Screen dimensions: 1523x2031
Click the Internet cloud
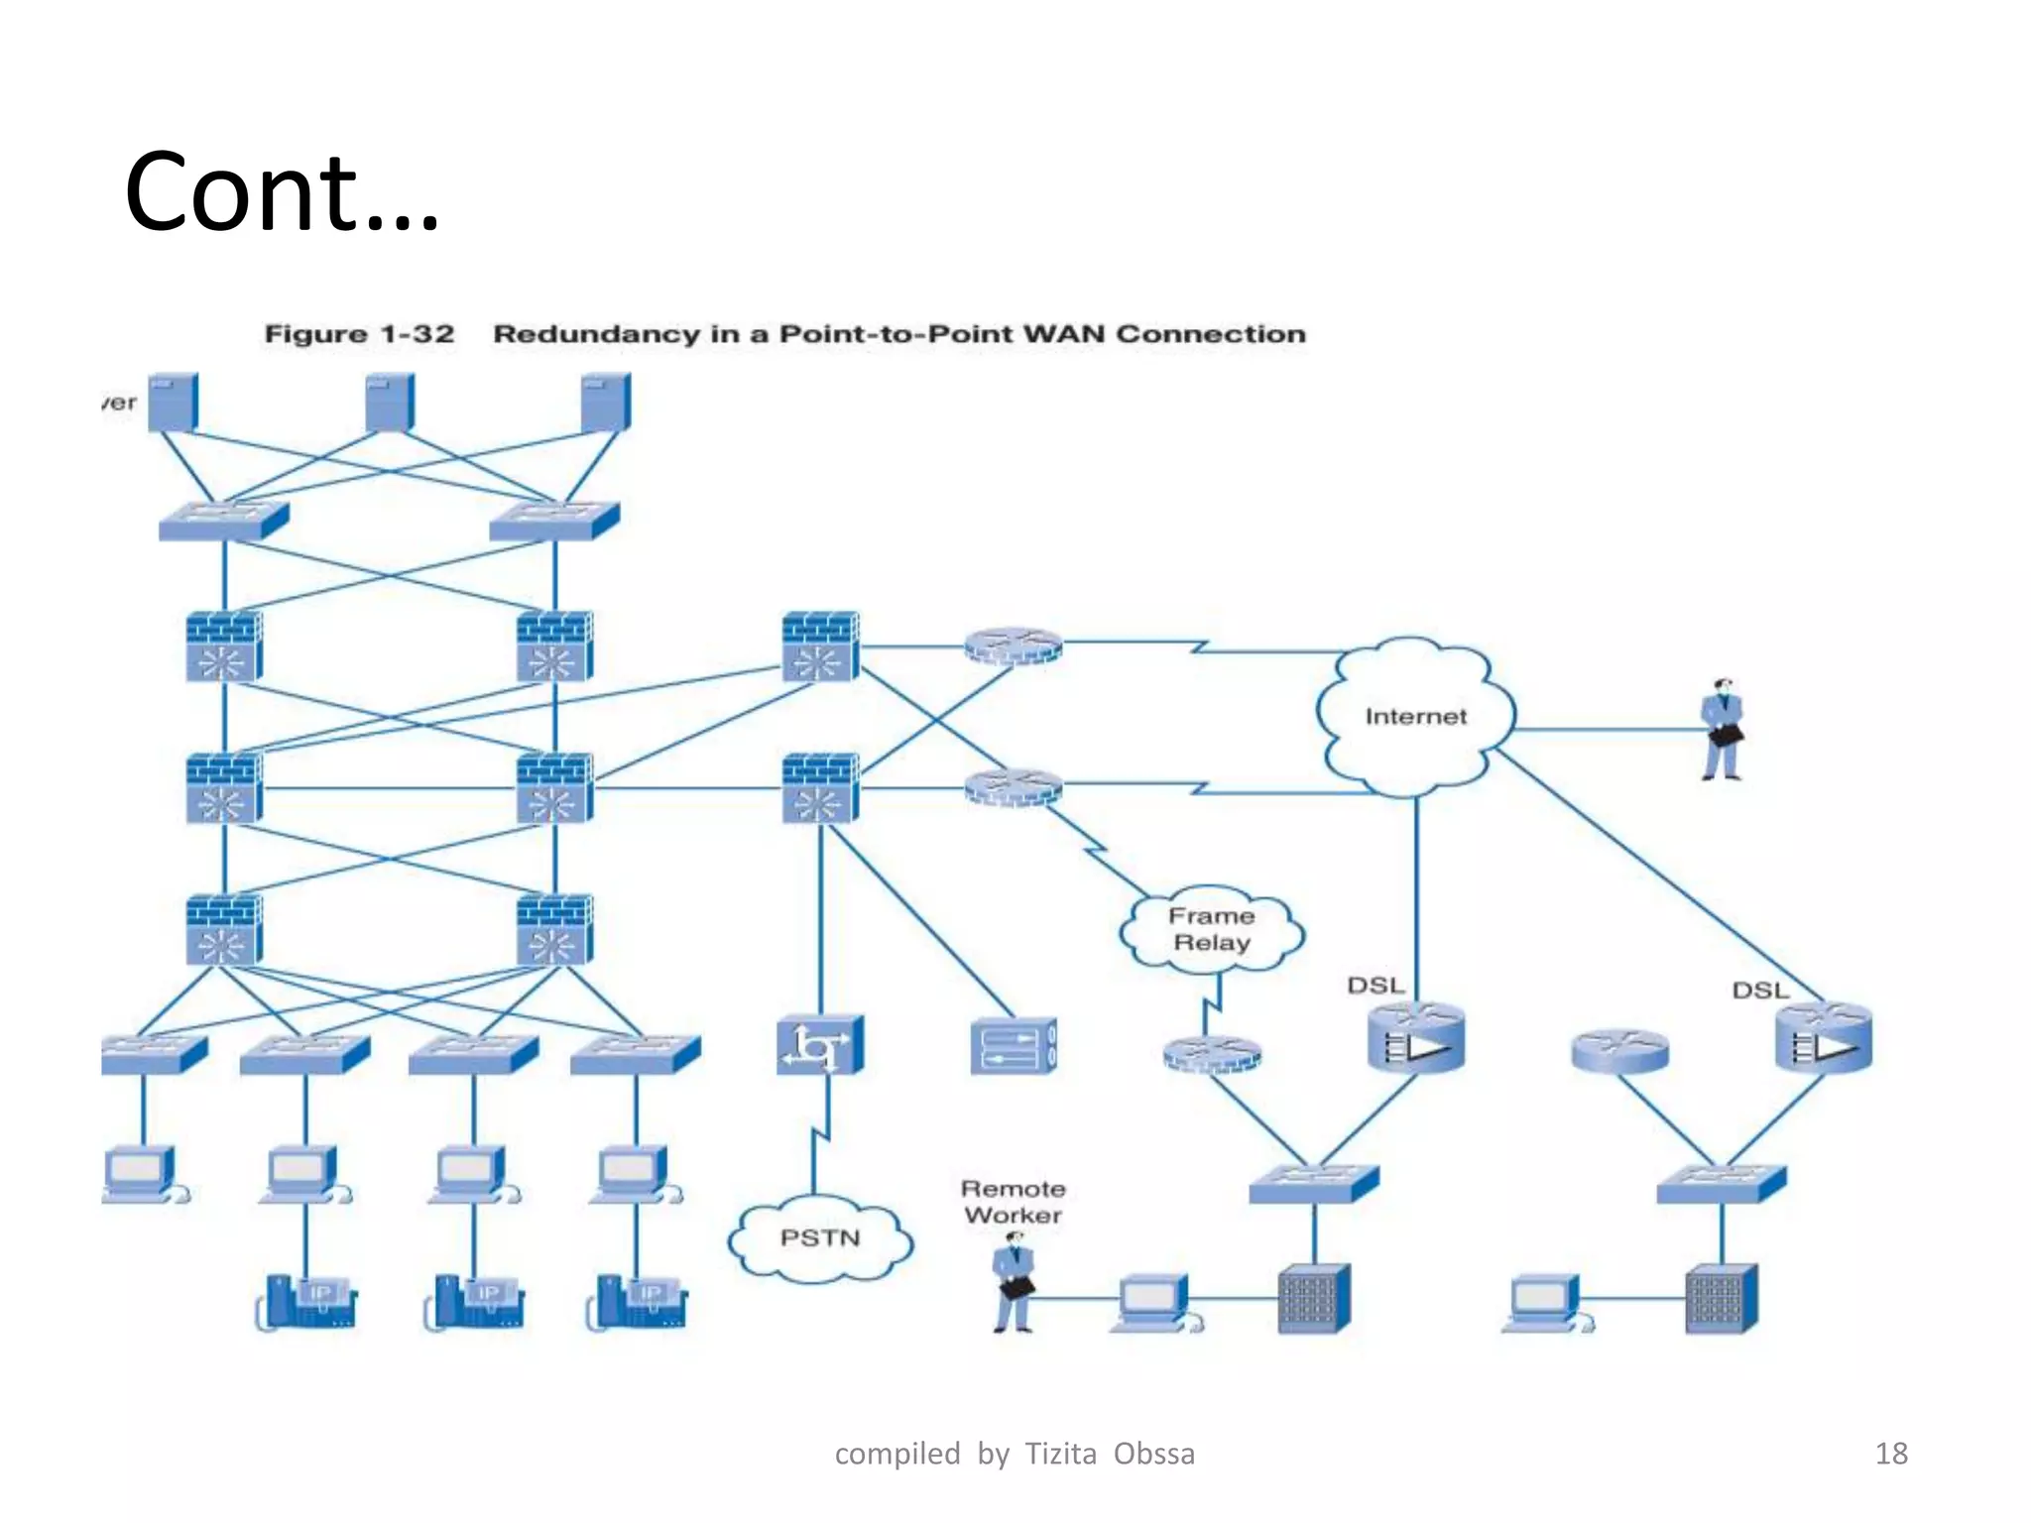[x=1415, y=717]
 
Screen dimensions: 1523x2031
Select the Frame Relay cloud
[x=1211, y=929]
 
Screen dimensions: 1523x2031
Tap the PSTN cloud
[x=819, y=1238]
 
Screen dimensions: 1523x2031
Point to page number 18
[x=1890, y=1454]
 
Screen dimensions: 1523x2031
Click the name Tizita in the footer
[x=1060, y=1454]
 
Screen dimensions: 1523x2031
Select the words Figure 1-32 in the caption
[x=359, y=334]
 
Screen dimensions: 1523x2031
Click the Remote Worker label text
[x=1013, y=1202]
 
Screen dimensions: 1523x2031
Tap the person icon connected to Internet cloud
[x=1723, y=730]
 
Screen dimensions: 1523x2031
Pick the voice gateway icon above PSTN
[x=820, y=1045]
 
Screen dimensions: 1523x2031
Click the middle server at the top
[x=390, y=402]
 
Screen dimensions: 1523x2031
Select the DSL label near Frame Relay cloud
[x=1375, y=986]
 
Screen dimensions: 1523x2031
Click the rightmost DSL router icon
[x=1823, y=1038]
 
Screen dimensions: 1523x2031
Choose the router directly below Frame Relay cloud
[x=1212, y=1055]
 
